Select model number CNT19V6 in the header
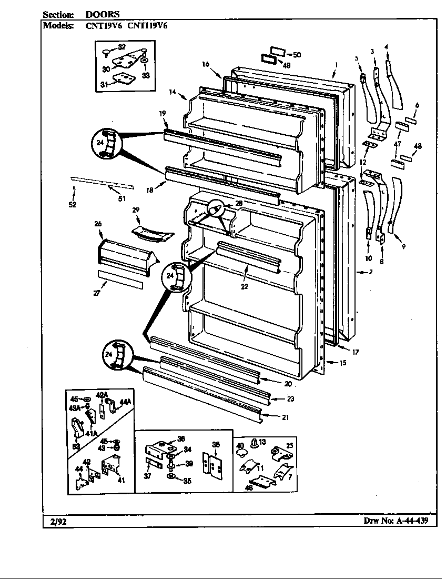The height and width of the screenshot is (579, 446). (x=104, y=25)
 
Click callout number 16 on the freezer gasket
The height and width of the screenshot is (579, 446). (x=205, y=64)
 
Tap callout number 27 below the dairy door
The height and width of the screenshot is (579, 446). (x=97, y=293)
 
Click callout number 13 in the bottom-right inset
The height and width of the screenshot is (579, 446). (x=262, y=442)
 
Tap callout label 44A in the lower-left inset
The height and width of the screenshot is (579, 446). (x=126, y=402)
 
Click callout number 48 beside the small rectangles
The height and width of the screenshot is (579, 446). (x=418, y=146)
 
